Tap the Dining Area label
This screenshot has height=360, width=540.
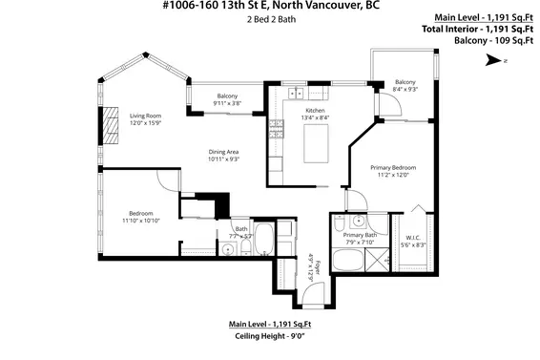click(223, 155)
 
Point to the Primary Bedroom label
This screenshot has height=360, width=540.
click(394, 171)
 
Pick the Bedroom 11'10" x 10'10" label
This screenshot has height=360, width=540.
click(140, 216)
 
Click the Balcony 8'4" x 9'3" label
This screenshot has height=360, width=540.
click(405, 85)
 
